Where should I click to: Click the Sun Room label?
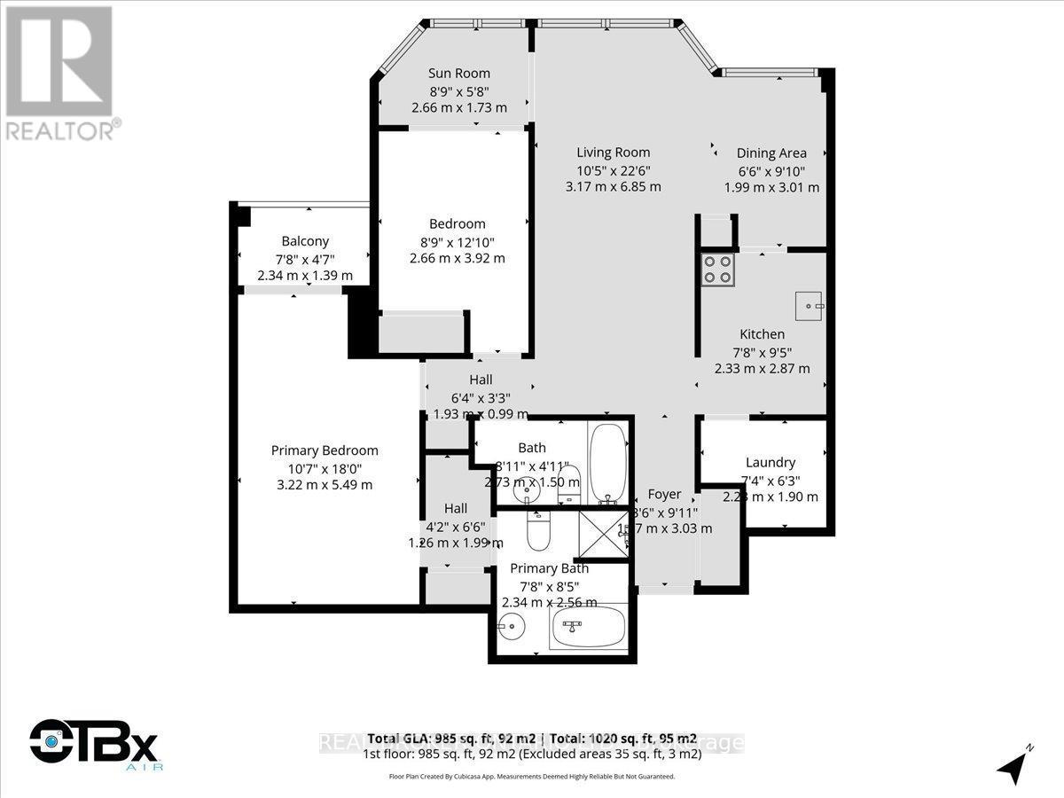458,74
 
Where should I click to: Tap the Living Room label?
613,152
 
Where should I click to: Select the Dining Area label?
771,153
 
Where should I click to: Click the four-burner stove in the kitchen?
718,269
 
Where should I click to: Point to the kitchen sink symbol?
809,306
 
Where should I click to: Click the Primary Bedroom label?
325,450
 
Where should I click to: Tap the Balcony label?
305,241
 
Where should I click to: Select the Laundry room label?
770,462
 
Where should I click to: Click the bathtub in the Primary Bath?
588,630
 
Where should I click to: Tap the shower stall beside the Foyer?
602,533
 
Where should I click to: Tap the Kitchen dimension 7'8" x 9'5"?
762,352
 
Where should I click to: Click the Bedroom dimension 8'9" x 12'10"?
458,241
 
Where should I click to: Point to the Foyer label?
664,494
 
